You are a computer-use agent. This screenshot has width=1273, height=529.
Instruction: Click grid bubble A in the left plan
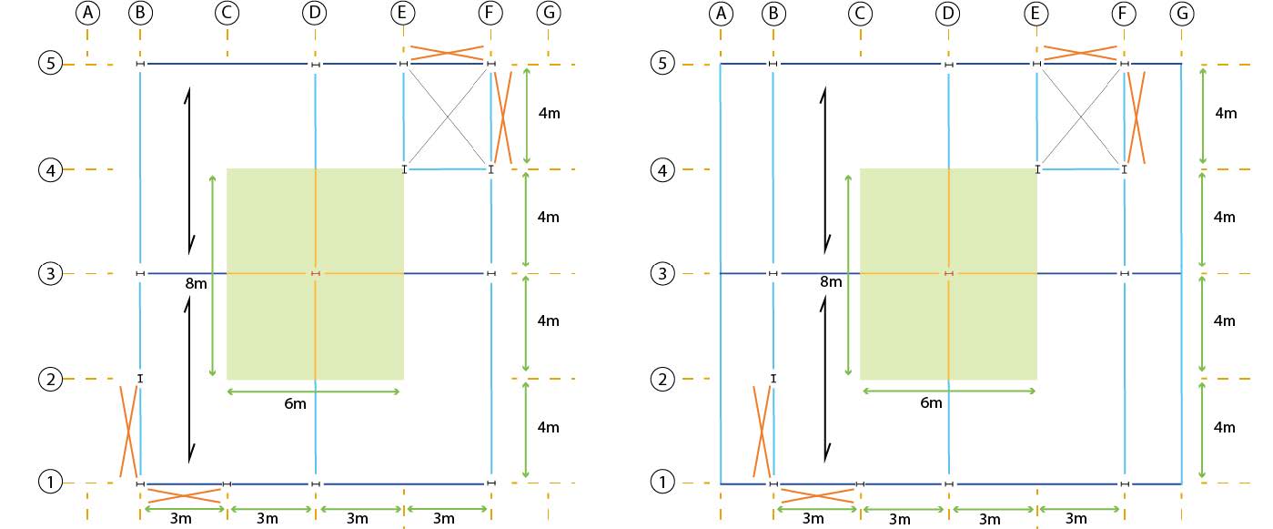87,14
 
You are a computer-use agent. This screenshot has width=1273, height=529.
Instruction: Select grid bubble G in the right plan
1182,14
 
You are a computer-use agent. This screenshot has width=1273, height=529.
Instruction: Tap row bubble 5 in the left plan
49,64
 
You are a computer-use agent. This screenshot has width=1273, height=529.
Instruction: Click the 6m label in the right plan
931,403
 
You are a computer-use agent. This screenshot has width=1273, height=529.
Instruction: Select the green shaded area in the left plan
315,273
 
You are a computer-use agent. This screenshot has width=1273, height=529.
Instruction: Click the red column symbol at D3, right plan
948,273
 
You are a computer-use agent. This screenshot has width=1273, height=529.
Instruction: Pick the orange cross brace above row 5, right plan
1080,52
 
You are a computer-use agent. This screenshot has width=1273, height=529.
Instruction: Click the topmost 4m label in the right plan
1227,113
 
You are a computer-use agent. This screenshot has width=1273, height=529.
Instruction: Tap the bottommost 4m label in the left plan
548,427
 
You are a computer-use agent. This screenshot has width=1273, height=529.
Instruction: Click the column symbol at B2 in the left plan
140,378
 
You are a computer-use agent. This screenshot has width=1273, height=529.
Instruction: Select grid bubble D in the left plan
315,14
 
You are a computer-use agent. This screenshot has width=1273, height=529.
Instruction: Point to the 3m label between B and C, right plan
813,519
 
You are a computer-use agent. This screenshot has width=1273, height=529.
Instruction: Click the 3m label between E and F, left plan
443,519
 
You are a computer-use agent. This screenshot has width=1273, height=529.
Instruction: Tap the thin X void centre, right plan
1080,117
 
